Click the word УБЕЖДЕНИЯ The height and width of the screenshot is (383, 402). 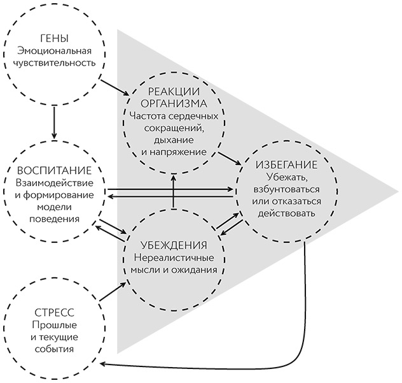[x=174, y=245]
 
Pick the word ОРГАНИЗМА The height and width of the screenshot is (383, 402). [x=174, y=104]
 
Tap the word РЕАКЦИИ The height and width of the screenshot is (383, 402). [x=174, y=91]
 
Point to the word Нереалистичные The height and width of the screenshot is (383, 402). [x=174, y=257]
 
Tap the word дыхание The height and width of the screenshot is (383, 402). [x=174, y=140]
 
